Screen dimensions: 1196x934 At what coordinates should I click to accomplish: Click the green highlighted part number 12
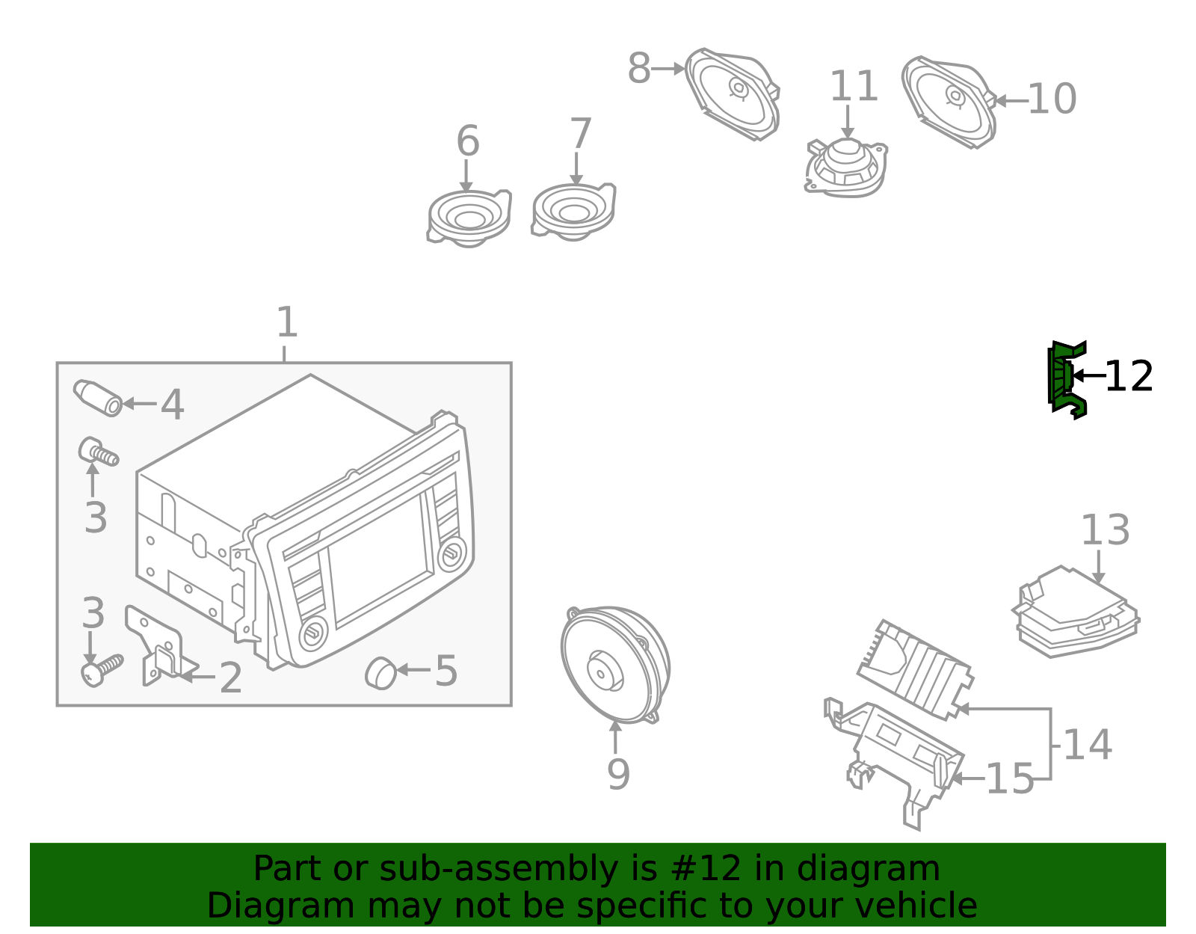1065,379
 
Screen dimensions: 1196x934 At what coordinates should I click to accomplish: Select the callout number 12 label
1129,377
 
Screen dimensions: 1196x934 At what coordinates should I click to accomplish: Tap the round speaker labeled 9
614,664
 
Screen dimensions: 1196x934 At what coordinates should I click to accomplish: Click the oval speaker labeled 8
733,93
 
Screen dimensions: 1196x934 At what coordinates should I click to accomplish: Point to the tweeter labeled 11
847,168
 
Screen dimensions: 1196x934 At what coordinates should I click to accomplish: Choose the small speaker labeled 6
469,217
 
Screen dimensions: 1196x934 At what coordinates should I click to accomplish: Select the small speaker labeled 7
573,211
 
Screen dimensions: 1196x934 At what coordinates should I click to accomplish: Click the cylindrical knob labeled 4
98,398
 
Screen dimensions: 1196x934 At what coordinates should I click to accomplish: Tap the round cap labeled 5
380,672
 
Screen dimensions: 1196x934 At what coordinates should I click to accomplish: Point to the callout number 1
286,323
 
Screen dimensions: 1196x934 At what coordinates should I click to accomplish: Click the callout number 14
1087,745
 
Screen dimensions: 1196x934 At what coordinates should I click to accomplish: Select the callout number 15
1009,779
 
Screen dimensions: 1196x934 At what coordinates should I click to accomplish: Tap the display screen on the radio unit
380,561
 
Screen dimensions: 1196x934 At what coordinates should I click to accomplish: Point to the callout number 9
618,775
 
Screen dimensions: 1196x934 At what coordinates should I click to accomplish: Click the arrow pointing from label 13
1098,568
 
